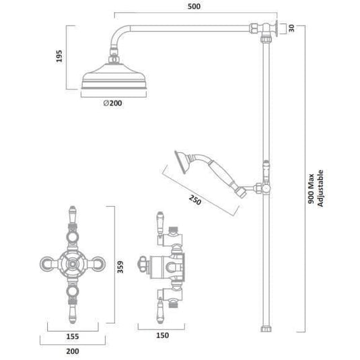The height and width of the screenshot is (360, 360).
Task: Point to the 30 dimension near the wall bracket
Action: click(291, 28)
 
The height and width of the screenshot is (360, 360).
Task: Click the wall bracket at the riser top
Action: click(273, 28)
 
